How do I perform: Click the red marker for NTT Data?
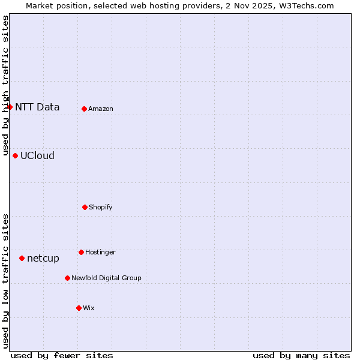(10, 107)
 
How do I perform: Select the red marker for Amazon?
(84, 109)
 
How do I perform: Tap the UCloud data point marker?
(15, 155)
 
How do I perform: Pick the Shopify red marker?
(85, 207)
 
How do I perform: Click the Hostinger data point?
(81, 252)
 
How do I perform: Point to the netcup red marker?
(22, 258)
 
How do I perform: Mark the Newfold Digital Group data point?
(67, 278)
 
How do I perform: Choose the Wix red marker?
(79, 308)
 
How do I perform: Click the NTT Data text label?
(37, 107)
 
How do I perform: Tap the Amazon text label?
(101, 109)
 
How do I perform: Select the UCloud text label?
(37, 156)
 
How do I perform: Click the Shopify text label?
(101, 208)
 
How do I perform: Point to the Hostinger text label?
(100, 253)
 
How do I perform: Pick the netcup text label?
(43, 259)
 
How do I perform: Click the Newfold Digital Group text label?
(106, 278)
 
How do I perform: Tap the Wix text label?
(89, 308)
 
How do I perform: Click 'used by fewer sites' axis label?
(62, 355)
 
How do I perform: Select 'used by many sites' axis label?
(301, 355)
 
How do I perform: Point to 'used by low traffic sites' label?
(6, 281)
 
